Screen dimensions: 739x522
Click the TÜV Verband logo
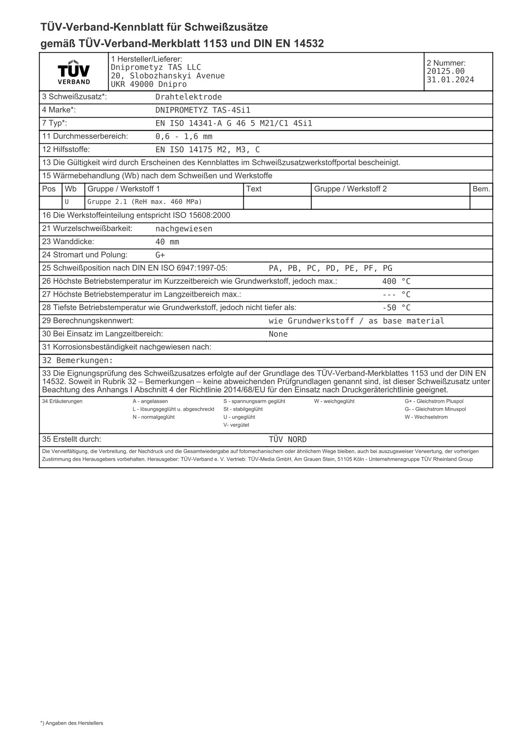(74, 72)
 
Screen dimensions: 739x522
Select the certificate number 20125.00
(445, 71)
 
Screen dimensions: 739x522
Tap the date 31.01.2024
(450, 80)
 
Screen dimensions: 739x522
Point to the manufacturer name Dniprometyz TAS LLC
(156, 67)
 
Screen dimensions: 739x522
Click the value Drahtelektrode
(188, 97)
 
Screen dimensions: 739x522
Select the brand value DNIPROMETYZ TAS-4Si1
(202, 110)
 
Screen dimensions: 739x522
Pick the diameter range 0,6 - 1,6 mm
(184, 137)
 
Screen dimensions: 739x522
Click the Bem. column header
(481, 189)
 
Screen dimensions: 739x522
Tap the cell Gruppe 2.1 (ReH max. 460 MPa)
(144, 202)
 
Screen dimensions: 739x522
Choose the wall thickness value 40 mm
(167, 242)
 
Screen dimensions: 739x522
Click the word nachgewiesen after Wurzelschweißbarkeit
(184, 229)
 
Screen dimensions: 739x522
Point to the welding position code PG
(387, 268)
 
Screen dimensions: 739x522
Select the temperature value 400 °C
(396, 282)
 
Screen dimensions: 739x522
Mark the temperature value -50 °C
(396, 308)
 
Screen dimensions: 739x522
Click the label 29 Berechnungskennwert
(88, 321)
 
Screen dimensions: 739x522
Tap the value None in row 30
(278, 334)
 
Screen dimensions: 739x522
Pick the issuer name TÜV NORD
(288, 440)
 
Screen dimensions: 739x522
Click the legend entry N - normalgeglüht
(153, 417)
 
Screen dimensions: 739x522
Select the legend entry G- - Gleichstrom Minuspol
(435, 409)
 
